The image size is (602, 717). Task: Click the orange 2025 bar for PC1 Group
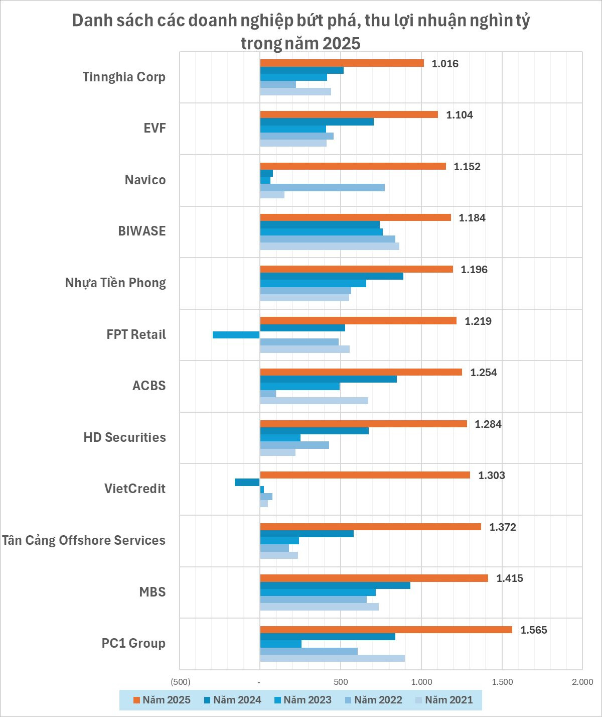point(386,630)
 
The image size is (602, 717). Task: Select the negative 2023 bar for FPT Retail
point(236,335)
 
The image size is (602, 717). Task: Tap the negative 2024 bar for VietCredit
point(247,483)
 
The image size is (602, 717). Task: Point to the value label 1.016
point(445,64)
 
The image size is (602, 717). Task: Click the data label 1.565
point(534,630)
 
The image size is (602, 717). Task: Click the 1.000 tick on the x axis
point(421,682)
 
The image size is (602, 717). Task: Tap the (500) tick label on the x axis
point(181,682)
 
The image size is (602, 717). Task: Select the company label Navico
point(145,180)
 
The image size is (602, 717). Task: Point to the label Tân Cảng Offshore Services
point(84,540)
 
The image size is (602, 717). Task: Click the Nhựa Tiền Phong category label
point(115,283)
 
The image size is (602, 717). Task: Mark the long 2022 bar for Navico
point(322,188)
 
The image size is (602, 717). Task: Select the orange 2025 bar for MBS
point(374,578)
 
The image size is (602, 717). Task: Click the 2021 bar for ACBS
point(314,401)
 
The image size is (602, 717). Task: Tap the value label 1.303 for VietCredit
point(492,475)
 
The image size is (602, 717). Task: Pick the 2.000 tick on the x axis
point(582,682)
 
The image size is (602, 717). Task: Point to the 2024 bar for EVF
point(317,122)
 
